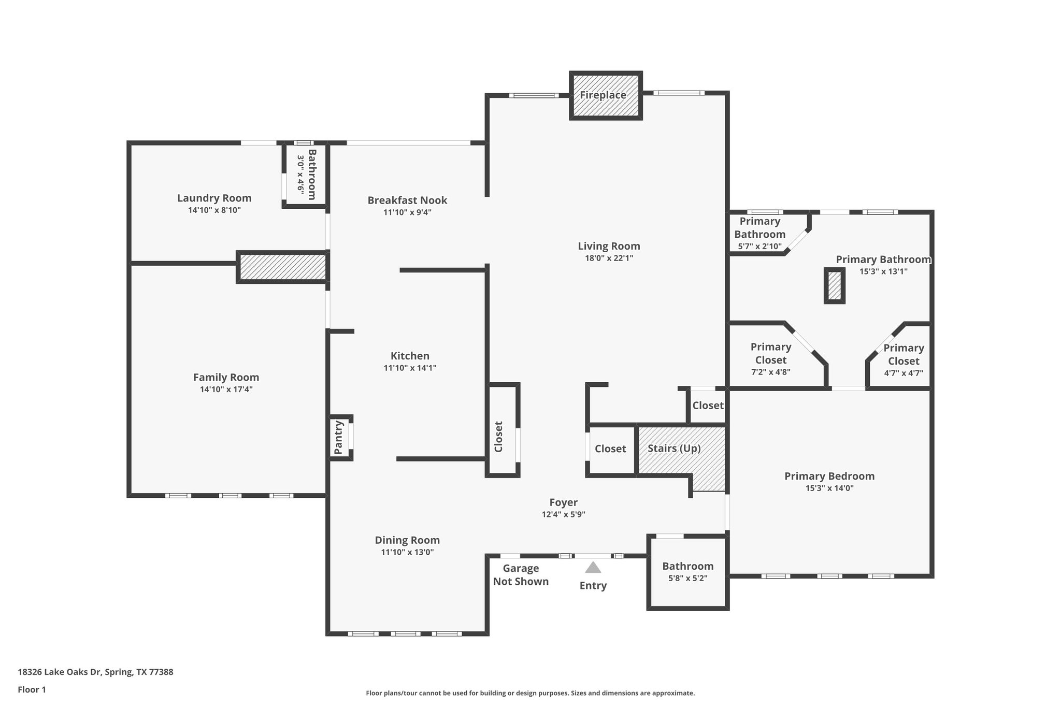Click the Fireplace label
[x=603, y=95]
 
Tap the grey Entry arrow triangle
[x=593, y=568]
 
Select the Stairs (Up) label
[x=673, y=448]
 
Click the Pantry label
[x=338, y=438]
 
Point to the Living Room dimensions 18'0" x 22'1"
[x=609, y=258]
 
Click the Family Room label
[x=226, y=378]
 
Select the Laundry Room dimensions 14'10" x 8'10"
[x=214, y=210]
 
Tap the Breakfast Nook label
[x=407, y=200]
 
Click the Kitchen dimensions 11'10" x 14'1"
[x=410, y=368]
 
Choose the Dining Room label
[x=407, y=540]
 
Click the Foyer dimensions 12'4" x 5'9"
[x=563, y=514]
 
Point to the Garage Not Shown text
[x=521, y=575]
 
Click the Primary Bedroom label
[x=829, y=476]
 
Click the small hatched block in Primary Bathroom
[x=834, y=285]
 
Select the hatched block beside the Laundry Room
[x=282, y=267]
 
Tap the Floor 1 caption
[x=32, y=689]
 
